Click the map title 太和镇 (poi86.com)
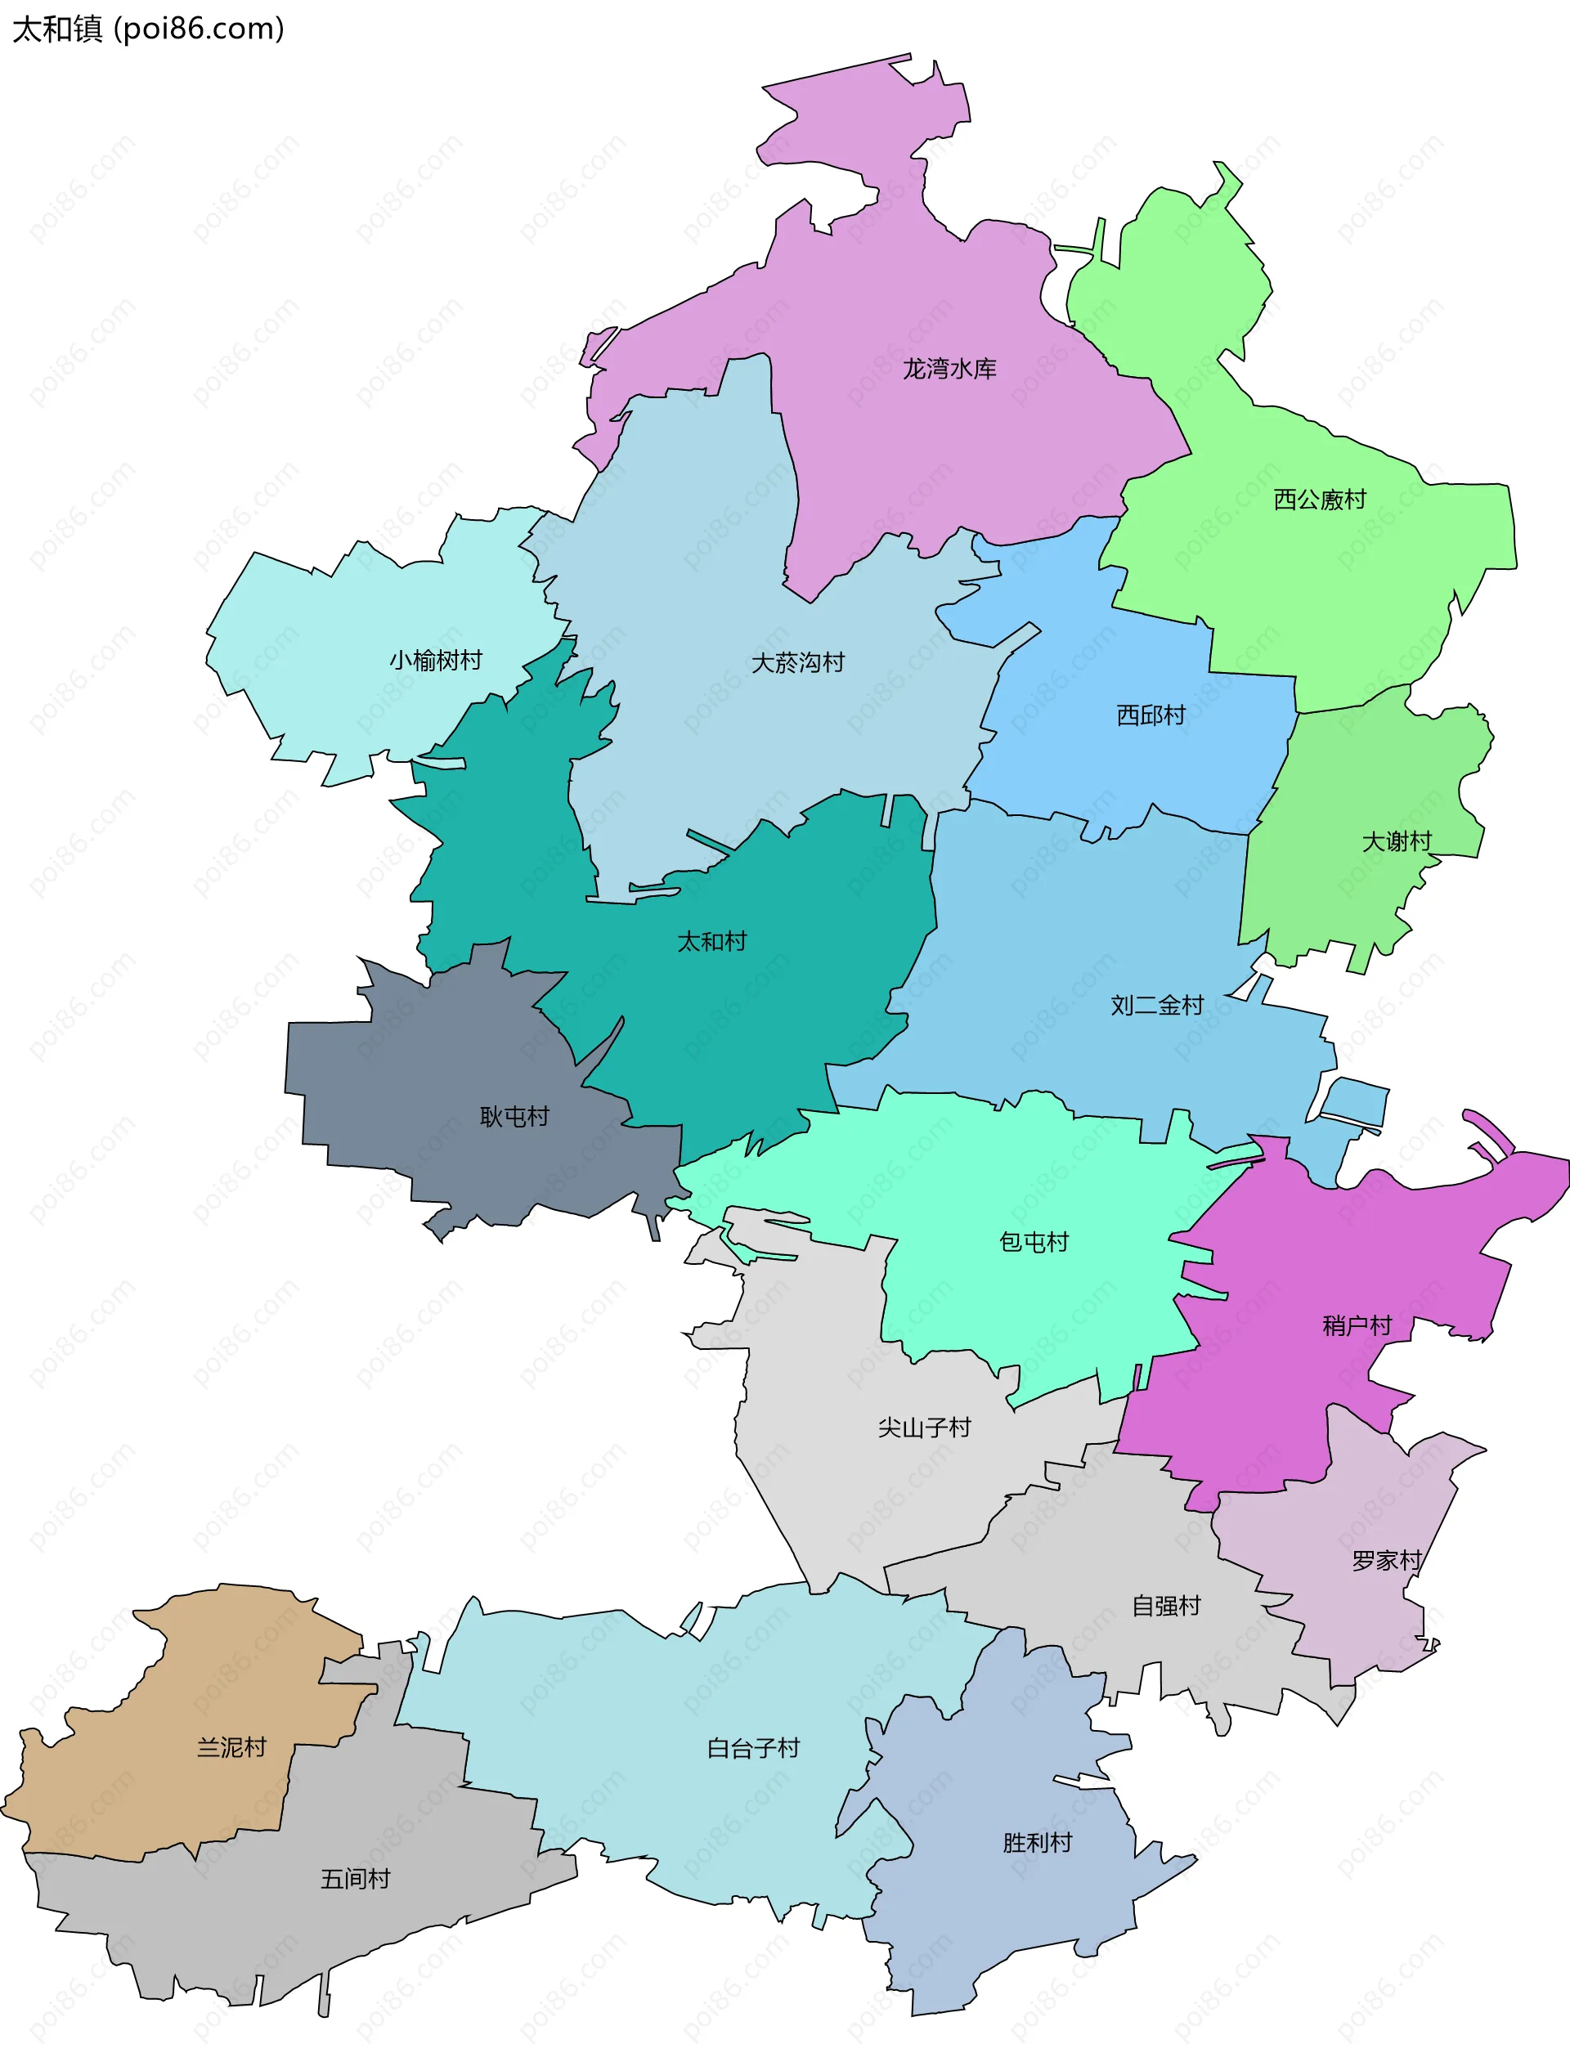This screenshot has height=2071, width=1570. click(148, 29)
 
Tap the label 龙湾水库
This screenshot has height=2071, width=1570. click(949, 369)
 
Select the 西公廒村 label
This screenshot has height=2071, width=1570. click(1319, 500)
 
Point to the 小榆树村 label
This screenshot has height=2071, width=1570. click(435, 661)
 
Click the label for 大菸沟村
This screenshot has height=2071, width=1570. click(797, 663)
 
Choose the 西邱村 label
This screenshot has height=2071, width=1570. click(1151, 715)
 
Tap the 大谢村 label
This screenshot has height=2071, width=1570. click(1396, 841)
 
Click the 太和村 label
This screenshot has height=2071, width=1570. click(711, 941)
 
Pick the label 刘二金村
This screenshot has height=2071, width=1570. click(1156, 1006)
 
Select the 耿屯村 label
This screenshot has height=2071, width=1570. click(514, 1117)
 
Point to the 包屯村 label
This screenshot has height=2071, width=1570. click(1034, 1243)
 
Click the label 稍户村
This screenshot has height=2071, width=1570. click(1357, 1325)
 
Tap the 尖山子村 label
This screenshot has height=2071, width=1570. click(924, 1428)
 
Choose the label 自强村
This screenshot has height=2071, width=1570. click(1165, 1607)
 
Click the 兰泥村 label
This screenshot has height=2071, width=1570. click(231, 1748)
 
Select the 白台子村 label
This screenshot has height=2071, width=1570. click(753, 1749)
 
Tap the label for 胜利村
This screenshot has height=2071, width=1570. click(1038, 1844)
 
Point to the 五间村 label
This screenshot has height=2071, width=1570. click(355, 1879)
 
